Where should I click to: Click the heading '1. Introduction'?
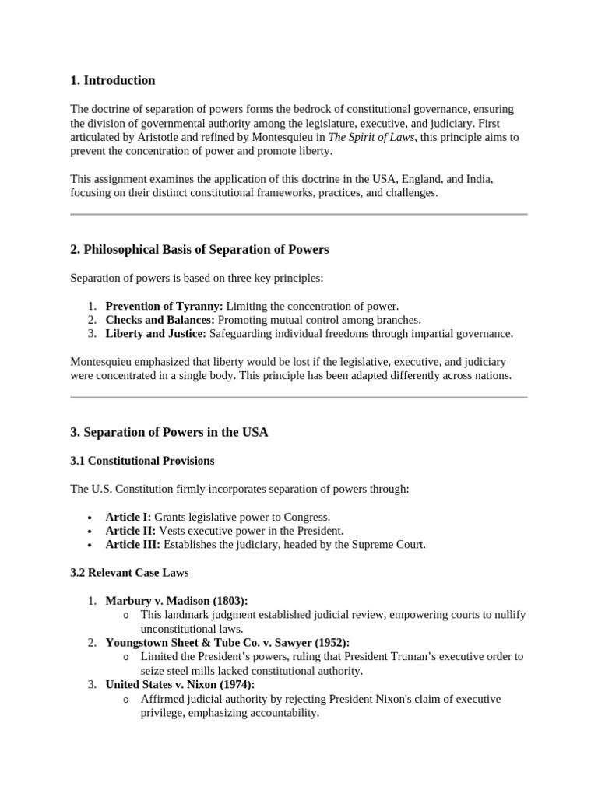113,80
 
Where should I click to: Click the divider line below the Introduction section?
299,214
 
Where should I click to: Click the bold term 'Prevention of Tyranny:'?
164,306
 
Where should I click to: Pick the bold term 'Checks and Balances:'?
160,320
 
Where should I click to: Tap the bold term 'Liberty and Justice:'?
156,334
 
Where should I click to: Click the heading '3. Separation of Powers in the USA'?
169,432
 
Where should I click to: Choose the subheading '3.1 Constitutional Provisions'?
142,461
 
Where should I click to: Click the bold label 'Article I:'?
128,517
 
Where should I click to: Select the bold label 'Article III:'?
134,545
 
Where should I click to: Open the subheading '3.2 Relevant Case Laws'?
129,573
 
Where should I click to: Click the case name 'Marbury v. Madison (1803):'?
177,601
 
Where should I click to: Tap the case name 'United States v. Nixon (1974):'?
180,685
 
